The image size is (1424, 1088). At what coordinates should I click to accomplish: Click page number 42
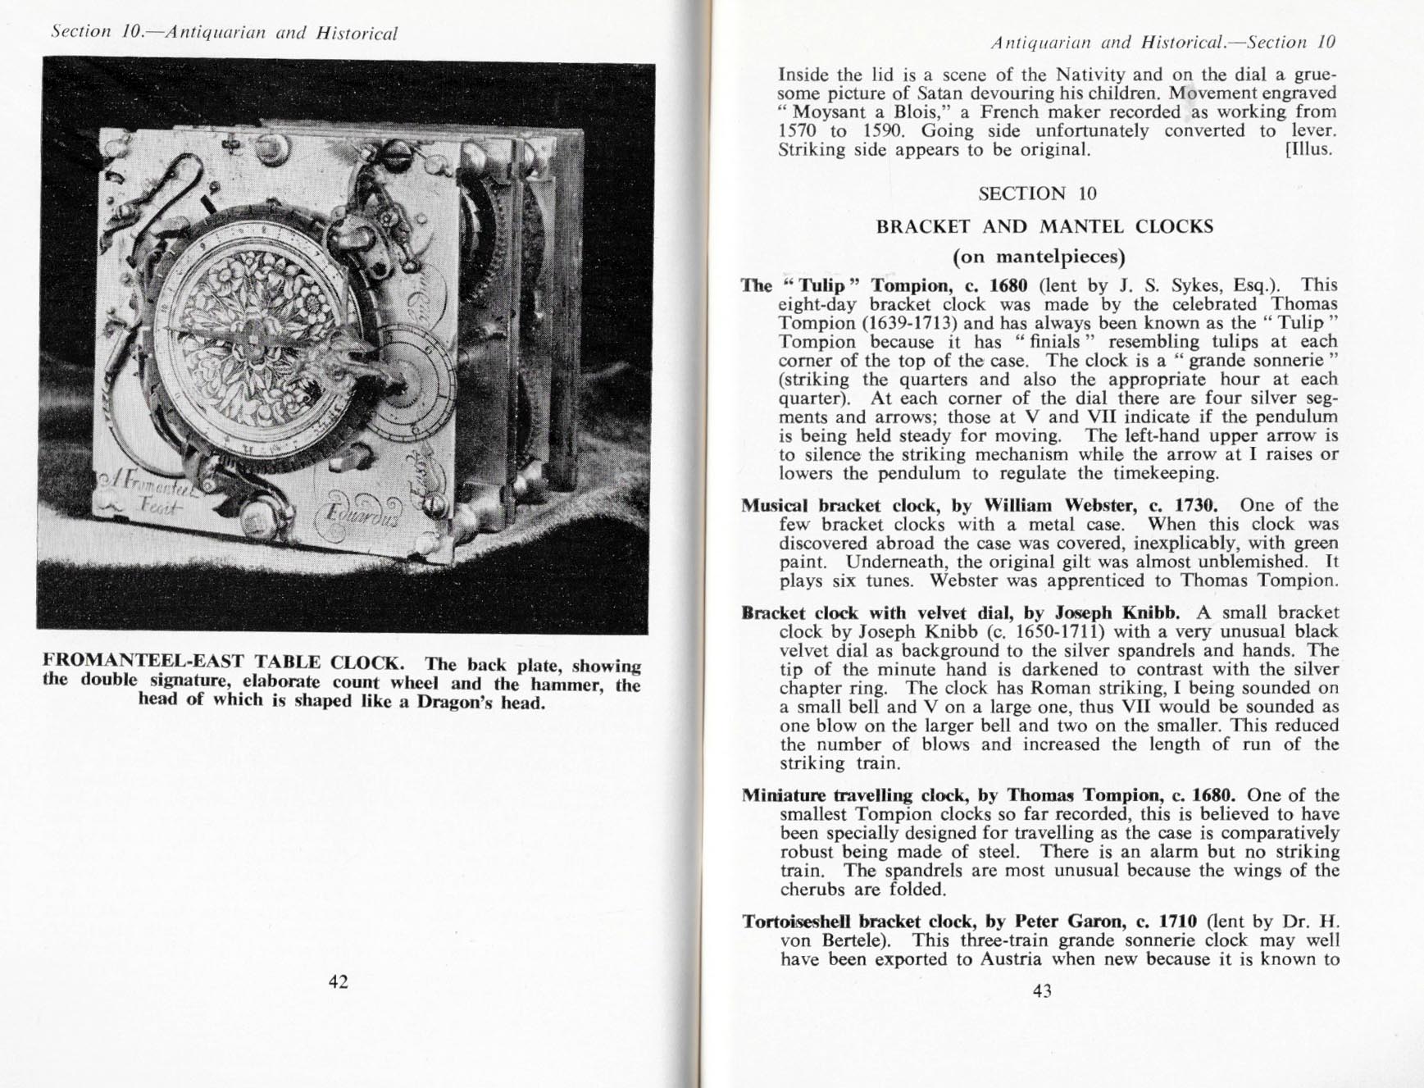point(338,981)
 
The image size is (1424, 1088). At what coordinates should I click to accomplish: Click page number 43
point(1041,990)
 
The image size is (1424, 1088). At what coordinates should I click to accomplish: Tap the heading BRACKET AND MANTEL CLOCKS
point(1044,226)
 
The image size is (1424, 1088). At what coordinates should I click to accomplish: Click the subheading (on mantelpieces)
point(1039,257)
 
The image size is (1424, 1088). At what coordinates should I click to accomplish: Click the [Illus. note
point(1309,149)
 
